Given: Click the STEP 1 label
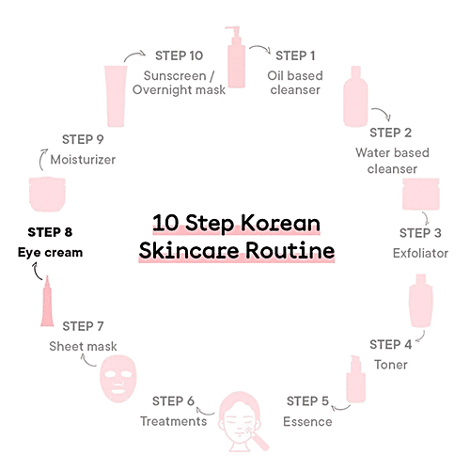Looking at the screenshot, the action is coord(295,55).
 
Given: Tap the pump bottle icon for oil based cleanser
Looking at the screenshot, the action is coord(236,57).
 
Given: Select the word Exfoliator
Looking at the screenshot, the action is coord(420,253).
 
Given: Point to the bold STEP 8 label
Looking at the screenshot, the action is coord(50,232).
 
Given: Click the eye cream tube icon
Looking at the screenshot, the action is coord(47,301).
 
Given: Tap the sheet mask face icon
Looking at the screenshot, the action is coord(118,379).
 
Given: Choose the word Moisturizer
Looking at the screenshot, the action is coord(83,160).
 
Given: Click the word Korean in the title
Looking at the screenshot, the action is coord(280,223).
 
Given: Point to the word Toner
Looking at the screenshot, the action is coord(391,365).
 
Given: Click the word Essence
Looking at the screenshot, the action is coord(307,421).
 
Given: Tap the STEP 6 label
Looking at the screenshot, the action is coord(173,401).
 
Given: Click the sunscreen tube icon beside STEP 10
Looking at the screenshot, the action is coord(116,96).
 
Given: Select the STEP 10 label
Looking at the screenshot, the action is coord(180,55).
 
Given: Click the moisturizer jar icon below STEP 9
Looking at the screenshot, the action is coord(47,194).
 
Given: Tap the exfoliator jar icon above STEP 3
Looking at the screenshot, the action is coord(421,194).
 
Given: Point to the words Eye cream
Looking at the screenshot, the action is coord(50,253).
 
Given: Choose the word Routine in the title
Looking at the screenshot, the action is coord(290,251).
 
